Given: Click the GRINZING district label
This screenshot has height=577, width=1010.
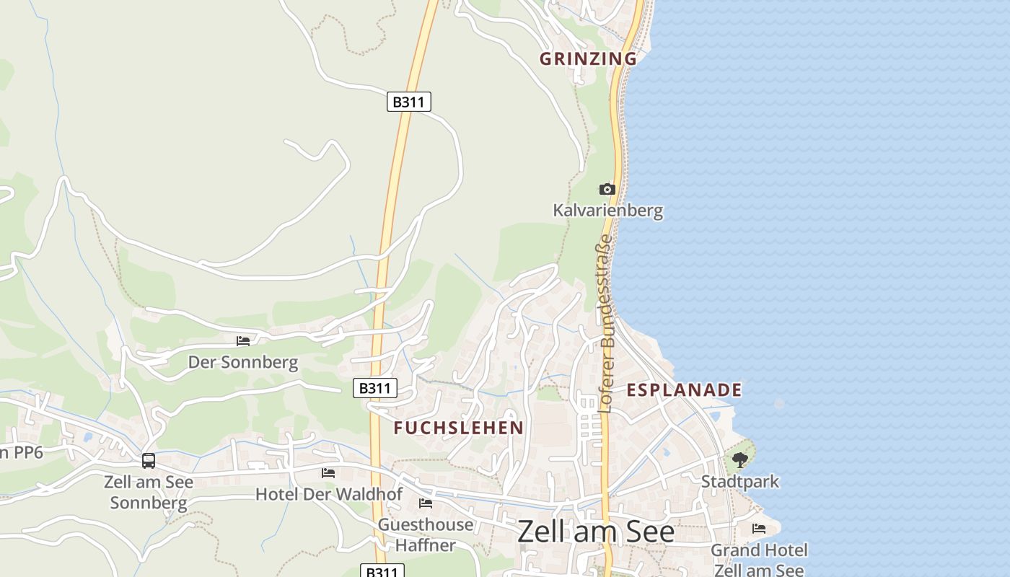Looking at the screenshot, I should pos(588,58).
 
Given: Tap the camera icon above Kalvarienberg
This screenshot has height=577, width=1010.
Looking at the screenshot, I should pos(607,189).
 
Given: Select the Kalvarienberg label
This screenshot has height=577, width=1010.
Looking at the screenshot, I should pos(607,211).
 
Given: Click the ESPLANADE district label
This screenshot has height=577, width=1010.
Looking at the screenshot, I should pos(684,390).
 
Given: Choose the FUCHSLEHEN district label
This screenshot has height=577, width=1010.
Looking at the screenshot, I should pos(459,428).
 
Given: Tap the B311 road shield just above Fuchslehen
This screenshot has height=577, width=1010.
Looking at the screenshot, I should pos(375,388).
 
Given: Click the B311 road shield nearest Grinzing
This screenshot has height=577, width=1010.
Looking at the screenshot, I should pos(409,102).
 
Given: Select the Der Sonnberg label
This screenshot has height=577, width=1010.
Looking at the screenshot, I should pos(243,362).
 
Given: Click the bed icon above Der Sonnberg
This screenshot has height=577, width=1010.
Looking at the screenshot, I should pos(243,340).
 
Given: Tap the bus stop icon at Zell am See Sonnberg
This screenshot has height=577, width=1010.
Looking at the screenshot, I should pos(149,460).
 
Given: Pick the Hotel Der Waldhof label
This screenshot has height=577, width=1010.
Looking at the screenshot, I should pos(328,494).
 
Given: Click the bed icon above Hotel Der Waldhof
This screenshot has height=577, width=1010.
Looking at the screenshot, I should pos(328,473).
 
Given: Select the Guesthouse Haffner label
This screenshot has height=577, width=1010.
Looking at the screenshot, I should pos(426,534).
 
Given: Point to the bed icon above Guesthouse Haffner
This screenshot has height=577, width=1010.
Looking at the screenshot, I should pos(426,503).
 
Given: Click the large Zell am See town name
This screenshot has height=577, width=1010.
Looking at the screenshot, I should pos(596,532).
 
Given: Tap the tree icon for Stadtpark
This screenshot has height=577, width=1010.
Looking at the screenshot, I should pos(739,459).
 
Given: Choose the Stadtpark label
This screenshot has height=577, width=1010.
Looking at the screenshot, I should pos(740,481).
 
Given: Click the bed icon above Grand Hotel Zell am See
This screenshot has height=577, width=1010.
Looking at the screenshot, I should pos(759,529).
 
